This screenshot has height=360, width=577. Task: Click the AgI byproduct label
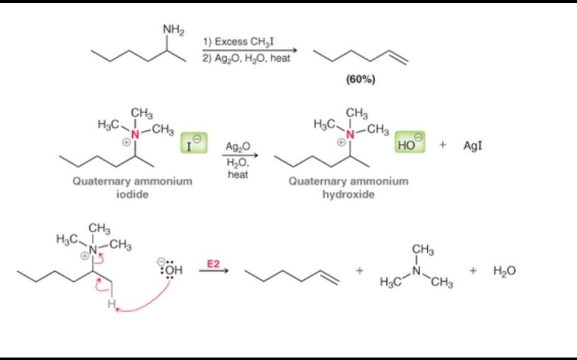coord(473,146)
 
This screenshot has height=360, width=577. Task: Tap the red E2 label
coord(213,264)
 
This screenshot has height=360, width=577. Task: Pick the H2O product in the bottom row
coord(505,271)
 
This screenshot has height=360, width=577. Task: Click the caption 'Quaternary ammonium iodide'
coord(132,187)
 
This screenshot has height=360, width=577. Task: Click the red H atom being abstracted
coord(111,305)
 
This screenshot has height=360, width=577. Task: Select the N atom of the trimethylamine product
coord(417,271)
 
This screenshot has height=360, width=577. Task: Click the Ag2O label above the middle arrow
coord(239,146)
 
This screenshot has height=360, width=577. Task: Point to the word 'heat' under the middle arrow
coord(238,175)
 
